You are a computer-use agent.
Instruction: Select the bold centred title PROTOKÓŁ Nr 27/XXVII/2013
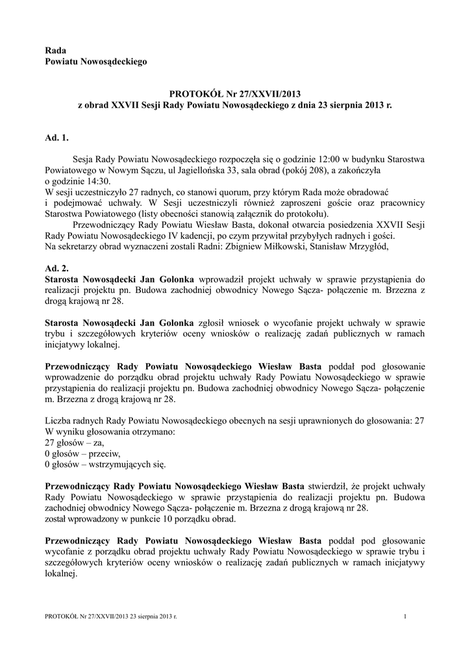[x=234, y=93]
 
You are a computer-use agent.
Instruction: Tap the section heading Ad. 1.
[x=56, y=138]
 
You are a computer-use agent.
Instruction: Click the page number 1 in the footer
[x=405, y=616]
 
